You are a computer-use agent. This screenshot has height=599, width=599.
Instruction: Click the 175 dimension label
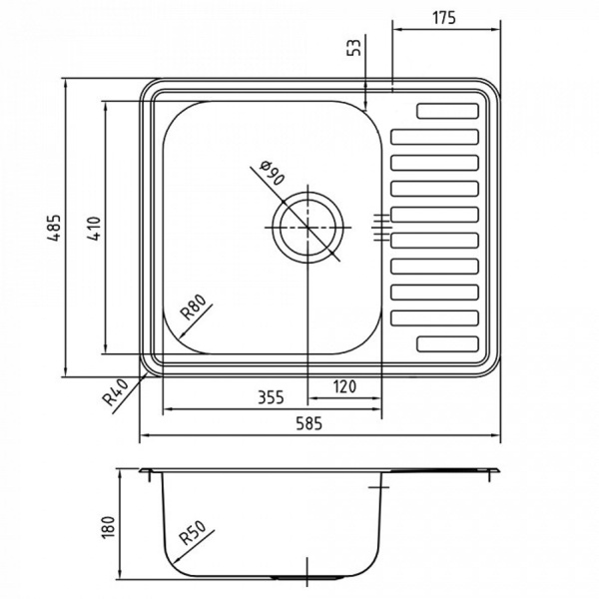pos(444,17)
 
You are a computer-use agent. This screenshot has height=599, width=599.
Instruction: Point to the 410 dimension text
pos(93,229)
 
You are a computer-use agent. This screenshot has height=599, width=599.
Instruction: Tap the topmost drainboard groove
pos(448,112)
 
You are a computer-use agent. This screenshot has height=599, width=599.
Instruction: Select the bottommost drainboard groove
pos(448,343)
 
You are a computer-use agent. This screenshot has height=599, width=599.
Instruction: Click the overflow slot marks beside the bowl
pos(379,227)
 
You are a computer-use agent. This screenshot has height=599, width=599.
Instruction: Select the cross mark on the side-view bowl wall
pos(379,487)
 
